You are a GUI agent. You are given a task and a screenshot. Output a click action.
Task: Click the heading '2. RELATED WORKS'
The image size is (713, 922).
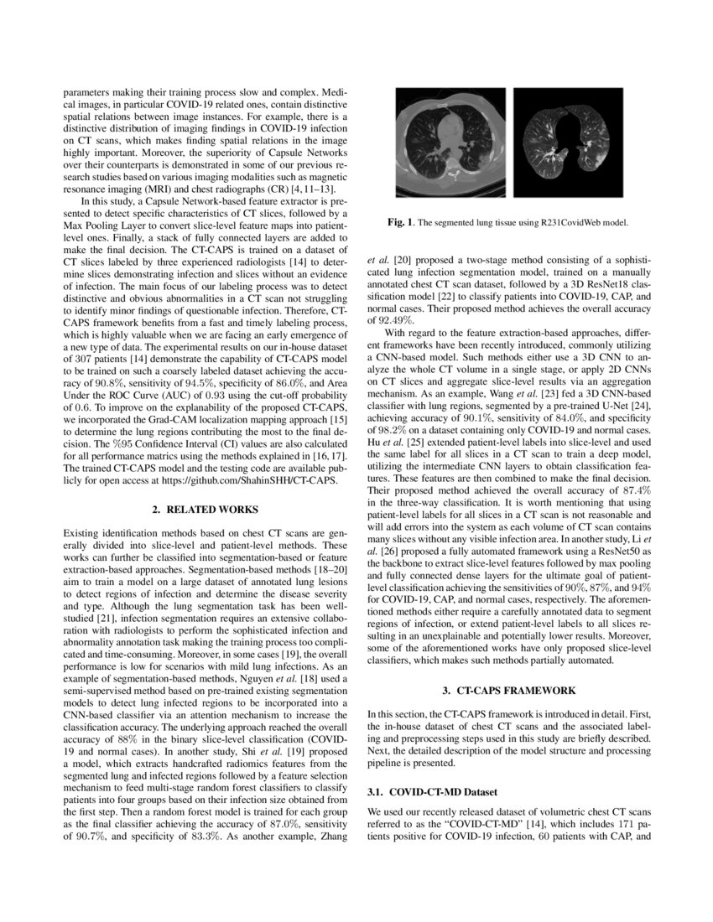tap(206, 509)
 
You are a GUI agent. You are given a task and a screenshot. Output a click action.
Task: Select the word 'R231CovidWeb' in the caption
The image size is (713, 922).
tap(570, 223)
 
